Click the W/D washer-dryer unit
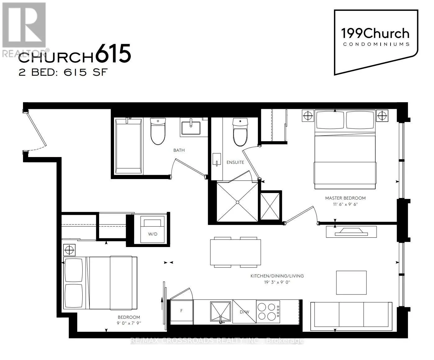tap(152, 230)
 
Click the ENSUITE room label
tap(235, 162)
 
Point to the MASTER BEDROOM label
tap(345, 198)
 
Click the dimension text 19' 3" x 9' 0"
tap(277, 282)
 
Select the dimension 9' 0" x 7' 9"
tap(129, 323)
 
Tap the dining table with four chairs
tap(235, 252)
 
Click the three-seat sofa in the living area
tap(351, 315)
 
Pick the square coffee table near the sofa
tap(351, 282)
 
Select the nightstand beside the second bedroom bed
tap(69, 250)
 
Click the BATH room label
tap(179, 150)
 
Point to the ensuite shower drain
tap(237, 202)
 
